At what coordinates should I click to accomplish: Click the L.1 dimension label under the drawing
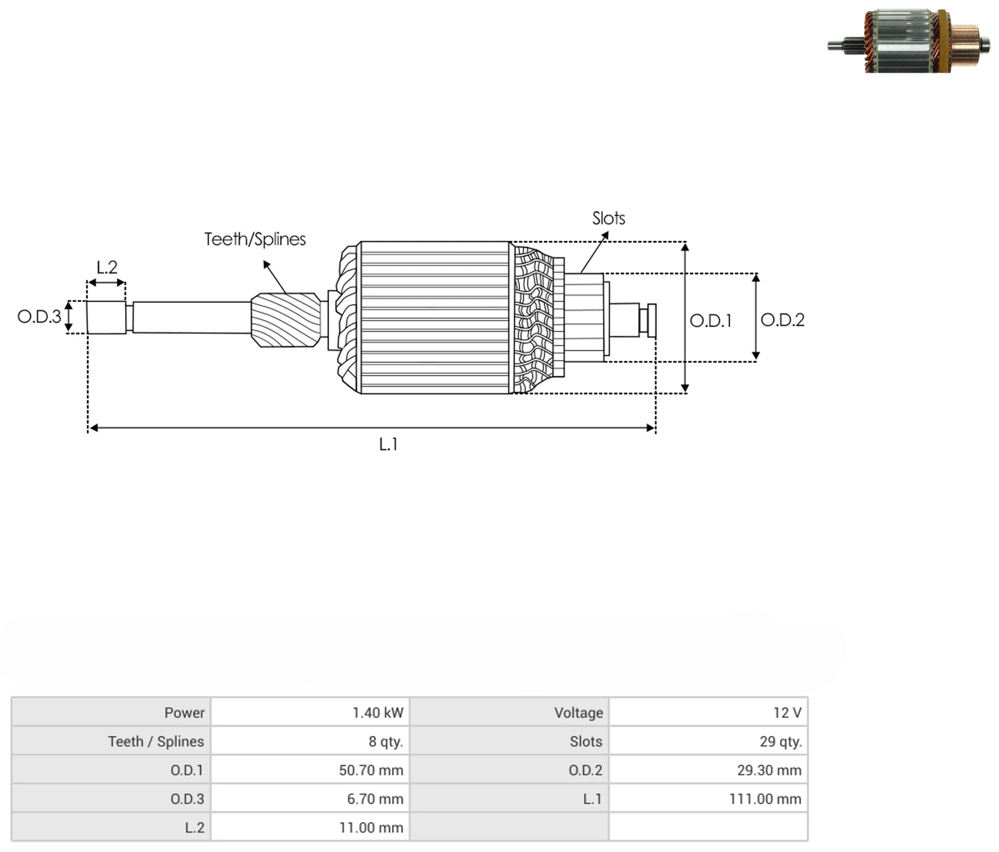(x=389, y=444)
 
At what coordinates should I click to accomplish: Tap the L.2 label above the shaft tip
(x=106, y=267)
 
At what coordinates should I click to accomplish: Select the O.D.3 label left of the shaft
(x=39, y=316)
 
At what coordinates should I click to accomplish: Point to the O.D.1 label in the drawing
(x=711, y=321)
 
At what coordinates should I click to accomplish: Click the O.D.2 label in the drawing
(x=783, y=320)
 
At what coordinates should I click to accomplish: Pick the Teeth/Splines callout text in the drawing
(x=254, y=239)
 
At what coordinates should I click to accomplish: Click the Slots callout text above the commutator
(x=608, y=218)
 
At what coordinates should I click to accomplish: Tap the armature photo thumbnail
(x=908, y=41)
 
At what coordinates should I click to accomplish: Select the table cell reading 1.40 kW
(x=377, y=713)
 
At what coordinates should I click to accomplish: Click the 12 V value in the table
(x=787, y=713)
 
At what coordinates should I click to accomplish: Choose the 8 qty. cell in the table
(x=385, y=741)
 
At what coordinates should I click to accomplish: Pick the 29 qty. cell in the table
(x=781, y=741)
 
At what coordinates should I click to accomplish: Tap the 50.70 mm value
(x=371, y=770)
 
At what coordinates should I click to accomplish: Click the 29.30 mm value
(x=769, y=770)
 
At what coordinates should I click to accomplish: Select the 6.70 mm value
(x=375, y=799)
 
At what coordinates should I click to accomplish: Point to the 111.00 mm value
(x=765, y=799)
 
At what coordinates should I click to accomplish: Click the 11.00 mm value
(x=371, y=827)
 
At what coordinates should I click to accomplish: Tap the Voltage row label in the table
(x=579, y=713)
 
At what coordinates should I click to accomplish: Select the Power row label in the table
(x=184, y=713)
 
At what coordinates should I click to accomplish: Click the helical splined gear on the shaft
(x=286, y=320)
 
